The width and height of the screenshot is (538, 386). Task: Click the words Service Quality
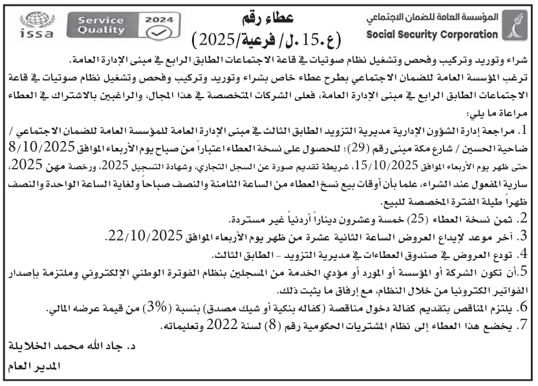(x=100, y=25)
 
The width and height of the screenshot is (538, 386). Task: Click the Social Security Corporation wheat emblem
(x=518, y=25)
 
